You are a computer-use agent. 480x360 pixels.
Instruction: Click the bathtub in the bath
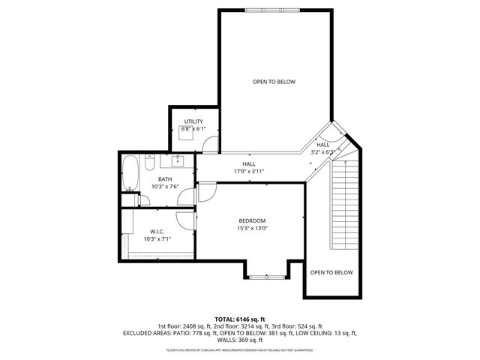(x=130, y=173)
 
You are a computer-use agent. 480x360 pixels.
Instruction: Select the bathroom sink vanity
(x=178, y=160)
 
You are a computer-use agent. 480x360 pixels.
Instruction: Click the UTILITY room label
(x=193, y=121)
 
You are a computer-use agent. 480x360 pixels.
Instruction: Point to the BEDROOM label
(x=252, y=220)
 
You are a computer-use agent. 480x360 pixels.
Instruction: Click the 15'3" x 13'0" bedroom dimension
(x=252, y=229)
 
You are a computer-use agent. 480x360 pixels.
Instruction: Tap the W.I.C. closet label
(x=157, y=231)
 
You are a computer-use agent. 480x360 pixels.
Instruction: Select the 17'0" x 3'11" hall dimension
(x=248, y=171)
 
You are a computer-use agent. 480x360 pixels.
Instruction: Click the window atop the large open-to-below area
(x=274, y=10)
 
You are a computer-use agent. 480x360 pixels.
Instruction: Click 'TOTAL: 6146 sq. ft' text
(x=239, y=318)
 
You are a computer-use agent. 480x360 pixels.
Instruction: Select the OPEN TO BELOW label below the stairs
(x=331, y=272)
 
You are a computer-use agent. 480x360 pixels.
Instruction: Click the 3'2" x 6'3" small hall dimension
(x=323, y=152)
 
